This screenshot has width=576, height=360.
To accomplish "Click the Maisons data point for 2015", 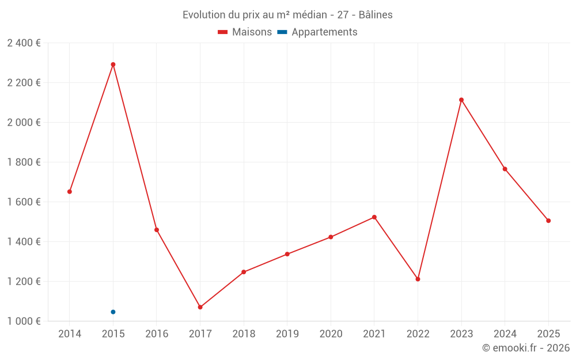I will tap(113, 65).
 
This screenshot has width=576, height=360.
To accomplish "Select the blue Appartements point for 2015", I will tap(113, 312).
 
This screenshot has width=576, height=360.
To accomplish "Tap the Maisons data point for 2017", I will tap(200, 307).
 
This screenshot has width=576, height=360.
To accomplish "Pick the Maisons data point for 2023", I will tap(461, 100).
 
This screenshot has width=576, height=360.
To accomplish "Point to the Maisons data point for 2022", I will tap(418, 279).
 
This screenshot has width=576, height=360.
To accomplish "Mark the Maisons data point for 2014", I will tap(70, 191).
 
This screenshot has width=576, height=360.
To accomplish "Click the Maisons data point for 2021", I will tap(374, 217).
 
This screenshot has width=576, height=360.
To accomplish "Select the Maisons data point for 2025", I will tap(548, 221).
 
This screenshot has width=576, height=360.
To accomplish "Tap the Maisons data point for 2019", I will tap(287, 254).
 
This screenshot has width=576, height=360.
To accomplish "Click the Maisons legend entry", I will tap(245, 32).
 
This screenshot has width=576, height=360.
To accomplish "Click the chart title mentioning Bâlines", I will tap(287, 15).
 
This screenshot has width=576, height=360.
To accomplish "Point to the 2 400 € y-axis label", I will tap(24, 43).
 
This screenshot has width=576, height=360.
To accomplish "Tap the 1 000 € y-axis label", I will tap(24, 321).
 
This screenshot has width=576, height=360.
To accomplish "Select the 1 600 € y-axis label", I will tap(24, 202).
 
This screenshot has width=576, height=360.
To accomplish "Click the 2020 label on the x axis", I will tap(331, 334).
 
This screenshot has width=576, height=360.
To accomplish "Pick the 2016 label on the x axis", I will tap(157, 334).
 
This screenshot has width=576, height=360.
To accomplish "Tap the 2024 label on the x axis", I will tap(505, 334).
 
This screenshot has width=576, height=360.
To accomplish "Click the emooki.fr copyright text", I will tap(525, 348).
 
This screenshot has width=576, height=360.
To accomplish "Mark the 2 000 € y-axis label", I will tap(24, 123).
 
